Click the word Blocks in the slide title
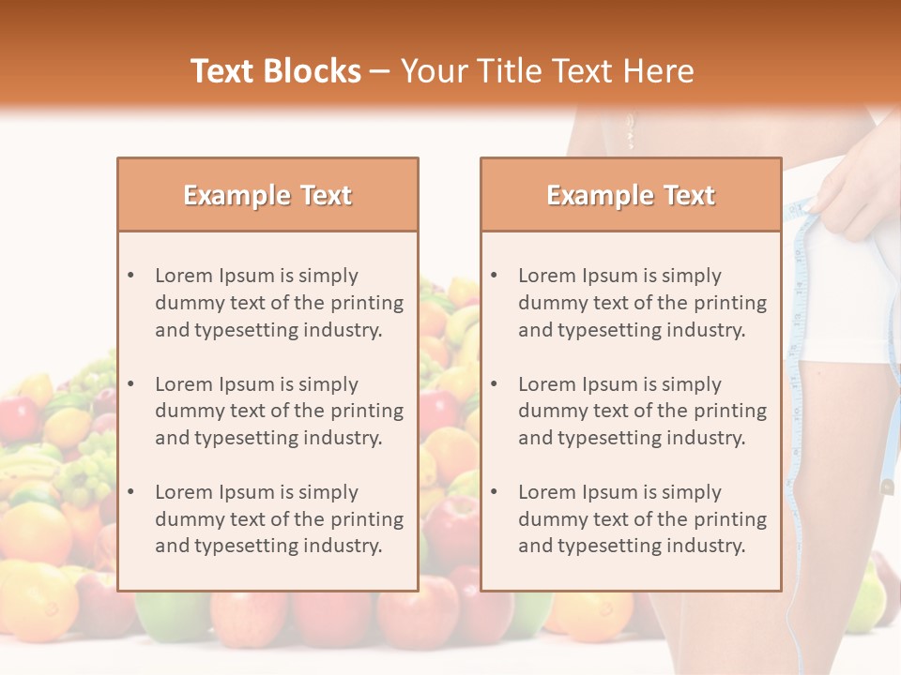[x=314, y=71]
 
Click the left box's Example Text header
[x=267, y=195]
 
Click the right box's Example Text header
[x=631, y=195]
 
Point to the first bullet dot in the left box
[x=130, y=276]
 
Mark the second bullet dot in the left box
[x=130, y=384]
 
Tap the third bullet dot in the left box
[x=130, y=492]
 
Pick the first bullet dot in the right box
[x=494, y=276]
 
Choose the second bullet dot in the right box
[x=494, y=384]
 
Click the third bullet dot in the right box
[x=494, y=492]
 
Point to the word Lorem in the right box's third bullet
[x=547, y=492]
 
